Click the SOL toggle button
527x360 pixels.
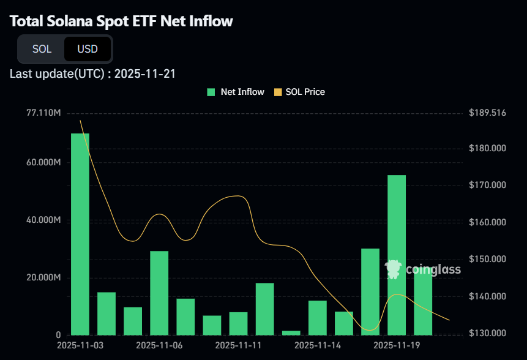click(x=42, y=49)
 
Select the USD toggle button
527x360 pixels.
click(x=88, y=49)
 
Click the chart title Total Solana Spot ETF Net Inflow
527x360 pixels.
click(x=122, y=21)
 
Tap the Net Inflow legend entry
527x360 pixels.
click(x=236, y=92)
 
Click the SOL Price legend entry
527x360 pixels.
click(x=299, y=92)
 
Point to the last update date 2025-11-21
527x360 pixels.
click(x=146, y=74)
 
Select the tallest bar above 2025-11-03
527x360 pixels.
click(x=80, y=234)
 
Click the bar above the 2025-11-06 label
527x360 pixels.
click(x=159, y=293)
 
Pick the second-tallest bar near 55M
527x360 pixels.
click(x=397, y=255)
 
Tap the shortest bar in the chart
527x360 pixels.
click(x=291, y=332)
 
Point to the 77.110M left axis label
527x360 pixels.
click(x=43, y=113)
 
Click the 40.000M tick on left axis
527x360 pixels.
click(x=43, y=220)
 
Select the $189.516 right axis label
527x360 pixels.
click(x=487, y=113)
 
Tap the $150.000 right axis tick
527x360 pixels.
click(x=487, y=259)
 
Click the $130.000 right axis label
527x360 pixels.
click(x=487, y=334)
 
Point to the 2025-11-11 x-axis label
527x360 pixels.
click(x=238, y=345)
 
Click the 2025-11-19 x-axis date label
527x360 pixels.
click(x=396, y=345)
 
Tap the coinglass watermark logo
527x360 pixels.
click(x=422, y=269)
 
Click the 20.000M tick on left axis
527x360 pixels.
click(x=43, y=278)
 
